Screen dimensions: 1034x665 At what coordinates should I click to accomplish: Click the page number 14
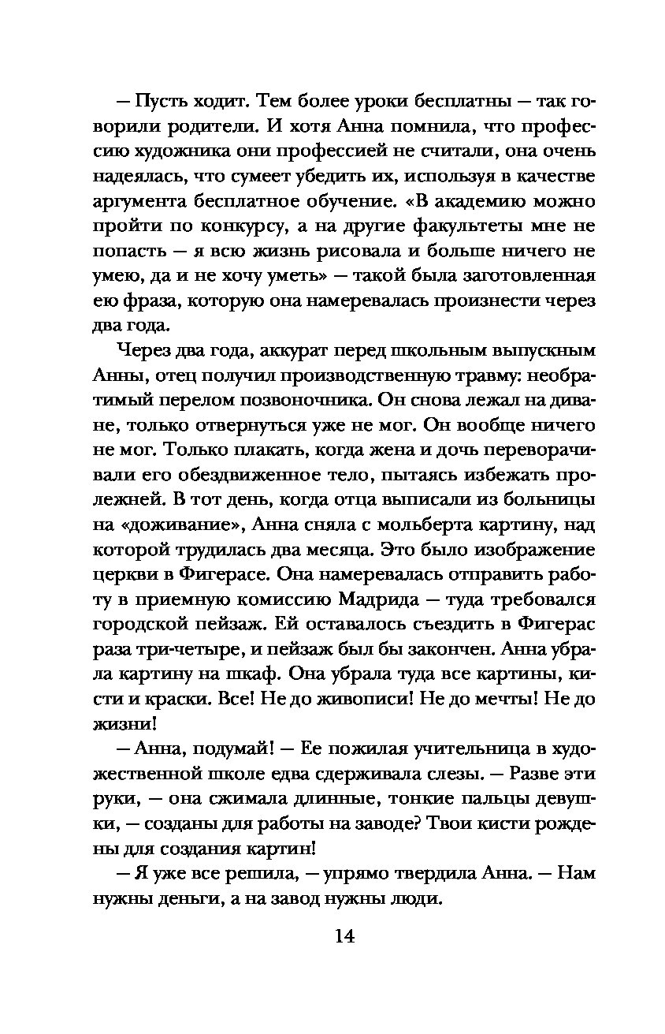[344, 936]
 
